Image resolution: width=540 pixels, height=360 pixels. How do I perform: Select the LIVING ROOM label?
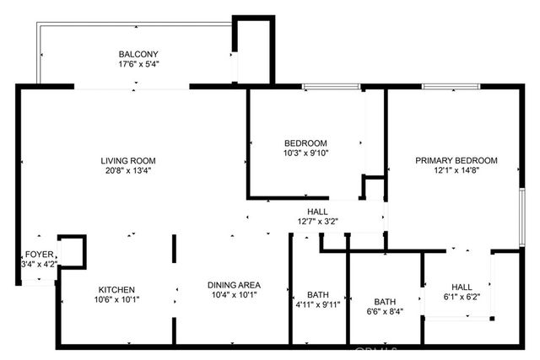[x=128, y=160]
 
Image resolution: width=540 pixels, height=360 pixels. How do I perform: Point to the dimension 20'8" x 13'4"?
[x=128, y=171]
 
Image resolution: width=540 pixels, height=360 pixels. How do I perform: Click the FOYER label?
[x=39, y=254]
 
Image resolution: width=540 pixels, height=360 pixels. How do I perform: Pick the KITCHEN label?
[x=115, y=289]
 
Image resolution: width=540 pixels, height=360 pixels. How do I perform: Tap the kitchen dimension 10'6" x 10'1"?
[x=115, y=299]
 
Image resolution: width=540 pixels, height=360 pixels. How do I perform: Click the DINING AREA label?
[x=232, y=285]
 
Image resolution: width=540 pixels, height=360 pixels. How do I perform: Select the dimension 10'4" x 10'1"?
[x=232, y=296]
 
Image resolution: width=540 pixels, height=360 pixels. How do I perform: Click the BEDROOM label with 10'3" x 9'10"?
[x=305, y=143]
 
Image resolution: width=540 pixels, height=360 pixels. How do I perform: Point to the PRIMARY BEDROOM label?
[x=456, y=160]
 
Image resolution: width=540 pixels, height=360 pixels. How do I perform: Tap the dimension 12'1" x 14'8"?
[x=456, y=171]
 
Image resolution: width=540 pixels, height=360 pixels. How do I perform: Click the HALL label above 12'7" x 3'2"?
[x=317, y=212]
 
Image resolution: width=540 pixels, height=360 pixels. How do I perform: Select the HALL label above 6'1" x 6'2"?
[x=462, y=286]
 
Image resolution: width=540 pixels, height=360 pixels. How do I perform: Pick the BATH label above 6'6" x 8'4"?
[x=385, y=301]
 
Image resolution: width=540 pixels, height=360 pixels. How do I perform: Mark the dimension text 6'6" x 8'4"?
[x=385, y=312]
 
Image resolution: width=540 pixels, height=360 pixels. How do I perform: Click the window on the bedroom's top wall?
[x=332, y=86]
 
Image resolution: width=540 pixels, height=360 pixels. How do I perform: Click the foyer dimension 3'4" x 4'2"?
[x=39, y=264]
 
